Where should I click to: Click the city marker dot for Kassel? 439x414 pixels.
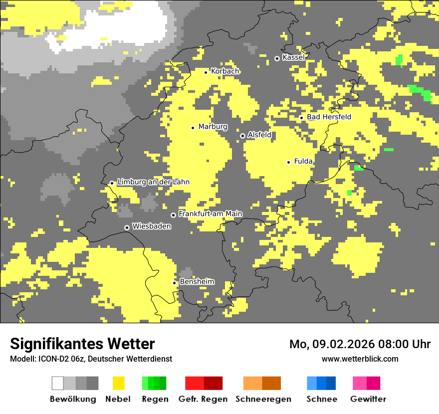[x=277, y=58]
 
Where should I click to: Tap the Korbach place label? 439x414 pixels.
[x=225, y=71]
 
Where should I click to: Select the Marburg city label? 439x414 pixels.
[x=213, y=127]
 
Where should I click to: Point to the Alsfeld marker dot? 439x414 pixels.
[x=242, y=136]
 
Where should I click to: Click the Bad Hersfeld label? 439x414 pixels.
[x=329, y=117]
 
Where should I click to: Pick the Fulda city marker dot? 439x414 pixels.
[x=288, y=162]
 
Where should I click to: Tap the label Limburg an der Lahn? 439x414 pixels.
[x=153, y=182]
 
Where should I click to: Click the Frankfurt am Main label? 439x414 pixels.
[x=210, y=214]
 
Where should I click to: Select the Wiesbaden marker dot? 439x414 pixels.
[x=127, y=227]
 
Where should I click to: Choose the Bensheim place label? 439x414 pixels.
[x=197, y=282]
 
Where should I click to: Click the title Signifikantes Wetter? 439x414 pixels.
[x=82, y=344]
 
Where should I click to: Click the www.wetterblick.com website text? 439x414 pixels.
[x=360, y=359]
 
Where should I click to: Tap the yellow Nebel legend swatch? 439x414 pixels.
[x=118, y=383]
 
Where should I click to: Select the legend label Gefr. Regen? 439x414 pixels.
[x=203, y=399]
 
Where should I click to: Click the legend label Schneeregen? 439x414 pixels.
[x=263, y=399]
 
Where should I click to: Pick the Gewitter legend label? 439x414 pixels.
[x=368, y=399]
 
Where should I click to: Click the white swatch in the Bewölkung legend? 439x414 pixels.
[x=58, y=383]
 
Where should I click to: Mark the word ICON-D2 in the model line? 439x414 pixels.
[x=50, y=359]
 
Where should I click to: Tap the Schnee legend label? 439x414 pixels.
[x=321, y=399]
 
